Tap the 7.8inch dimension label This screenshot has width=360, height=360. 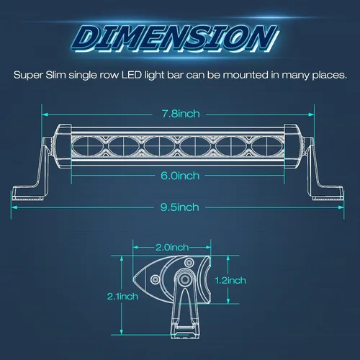(x=181, y=114)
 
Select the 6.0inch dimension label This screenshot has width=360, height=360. (x=180, y=176)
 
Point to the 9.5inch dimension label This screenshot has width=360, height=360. (x=180, y=207)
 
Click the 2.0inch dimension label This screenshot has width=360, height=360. (x=172, y=248)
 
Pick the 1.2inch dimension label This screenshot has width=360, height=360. (x=230, y=280)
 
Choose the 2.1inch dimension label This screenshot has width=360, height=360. (x=122, y=297)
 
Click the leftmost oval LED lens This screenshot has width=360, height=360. (x=88, y=145)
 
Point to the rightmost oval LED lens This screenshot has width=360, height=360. (x=267, y=145)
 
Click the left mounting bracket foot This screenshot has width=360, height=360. (x=28, y=193)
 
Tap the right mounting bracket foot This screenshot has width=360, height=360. (x=328, y=193)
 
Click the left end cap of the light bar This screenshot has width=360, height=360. (x=62, y=145)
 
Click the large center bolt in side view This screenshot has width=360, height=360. (x=185, y=279)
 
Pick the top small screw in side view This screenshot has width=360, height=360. (x=189, y=263)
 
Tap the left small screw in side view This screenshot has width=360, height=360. (x=155, y=279)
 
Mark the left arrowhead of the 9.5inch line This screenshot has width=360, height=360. (x=14, y=207)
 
